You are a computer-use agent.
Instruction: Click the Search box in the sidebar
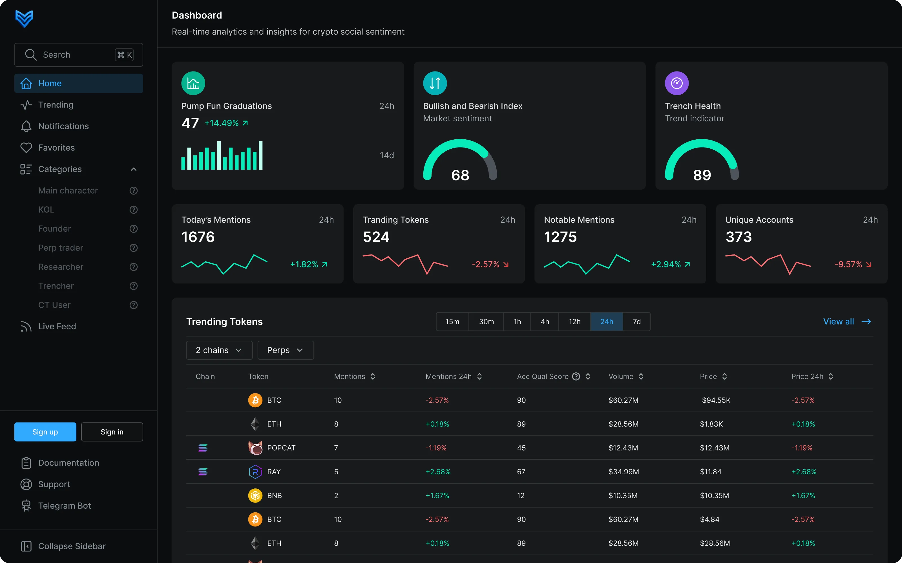click(x=79, y=55)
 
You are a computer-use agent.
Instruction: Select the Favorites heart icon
click(x=26, y=148)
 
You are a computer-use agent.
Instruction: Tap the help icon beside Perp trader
click(x=133, y=248)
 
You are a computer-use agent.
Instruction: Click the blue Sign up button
click(x=45, y=432)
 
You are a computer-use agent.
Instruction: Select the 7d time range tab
click(x=637, y=322)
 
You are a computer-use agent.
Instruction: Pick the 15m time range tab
click(x=452, y=322)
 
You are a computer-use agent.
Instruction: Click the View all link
click(x=847, y=322)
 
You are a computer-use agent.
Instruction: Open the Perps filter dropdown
click(x=286, y=350)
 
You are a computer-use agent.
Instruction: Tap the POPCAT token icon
click(x=255, y=448)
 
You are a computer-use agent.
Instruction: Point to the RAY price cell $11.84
click(x=710, y=472)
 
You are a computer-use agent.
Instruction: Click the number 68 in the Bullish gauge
click(x=460, y=175)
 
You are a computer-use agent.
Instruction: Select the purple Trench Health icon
click(x=676, y=83)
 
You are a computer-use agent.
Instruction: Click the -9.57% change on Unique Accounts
click(x=848, y=264)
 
